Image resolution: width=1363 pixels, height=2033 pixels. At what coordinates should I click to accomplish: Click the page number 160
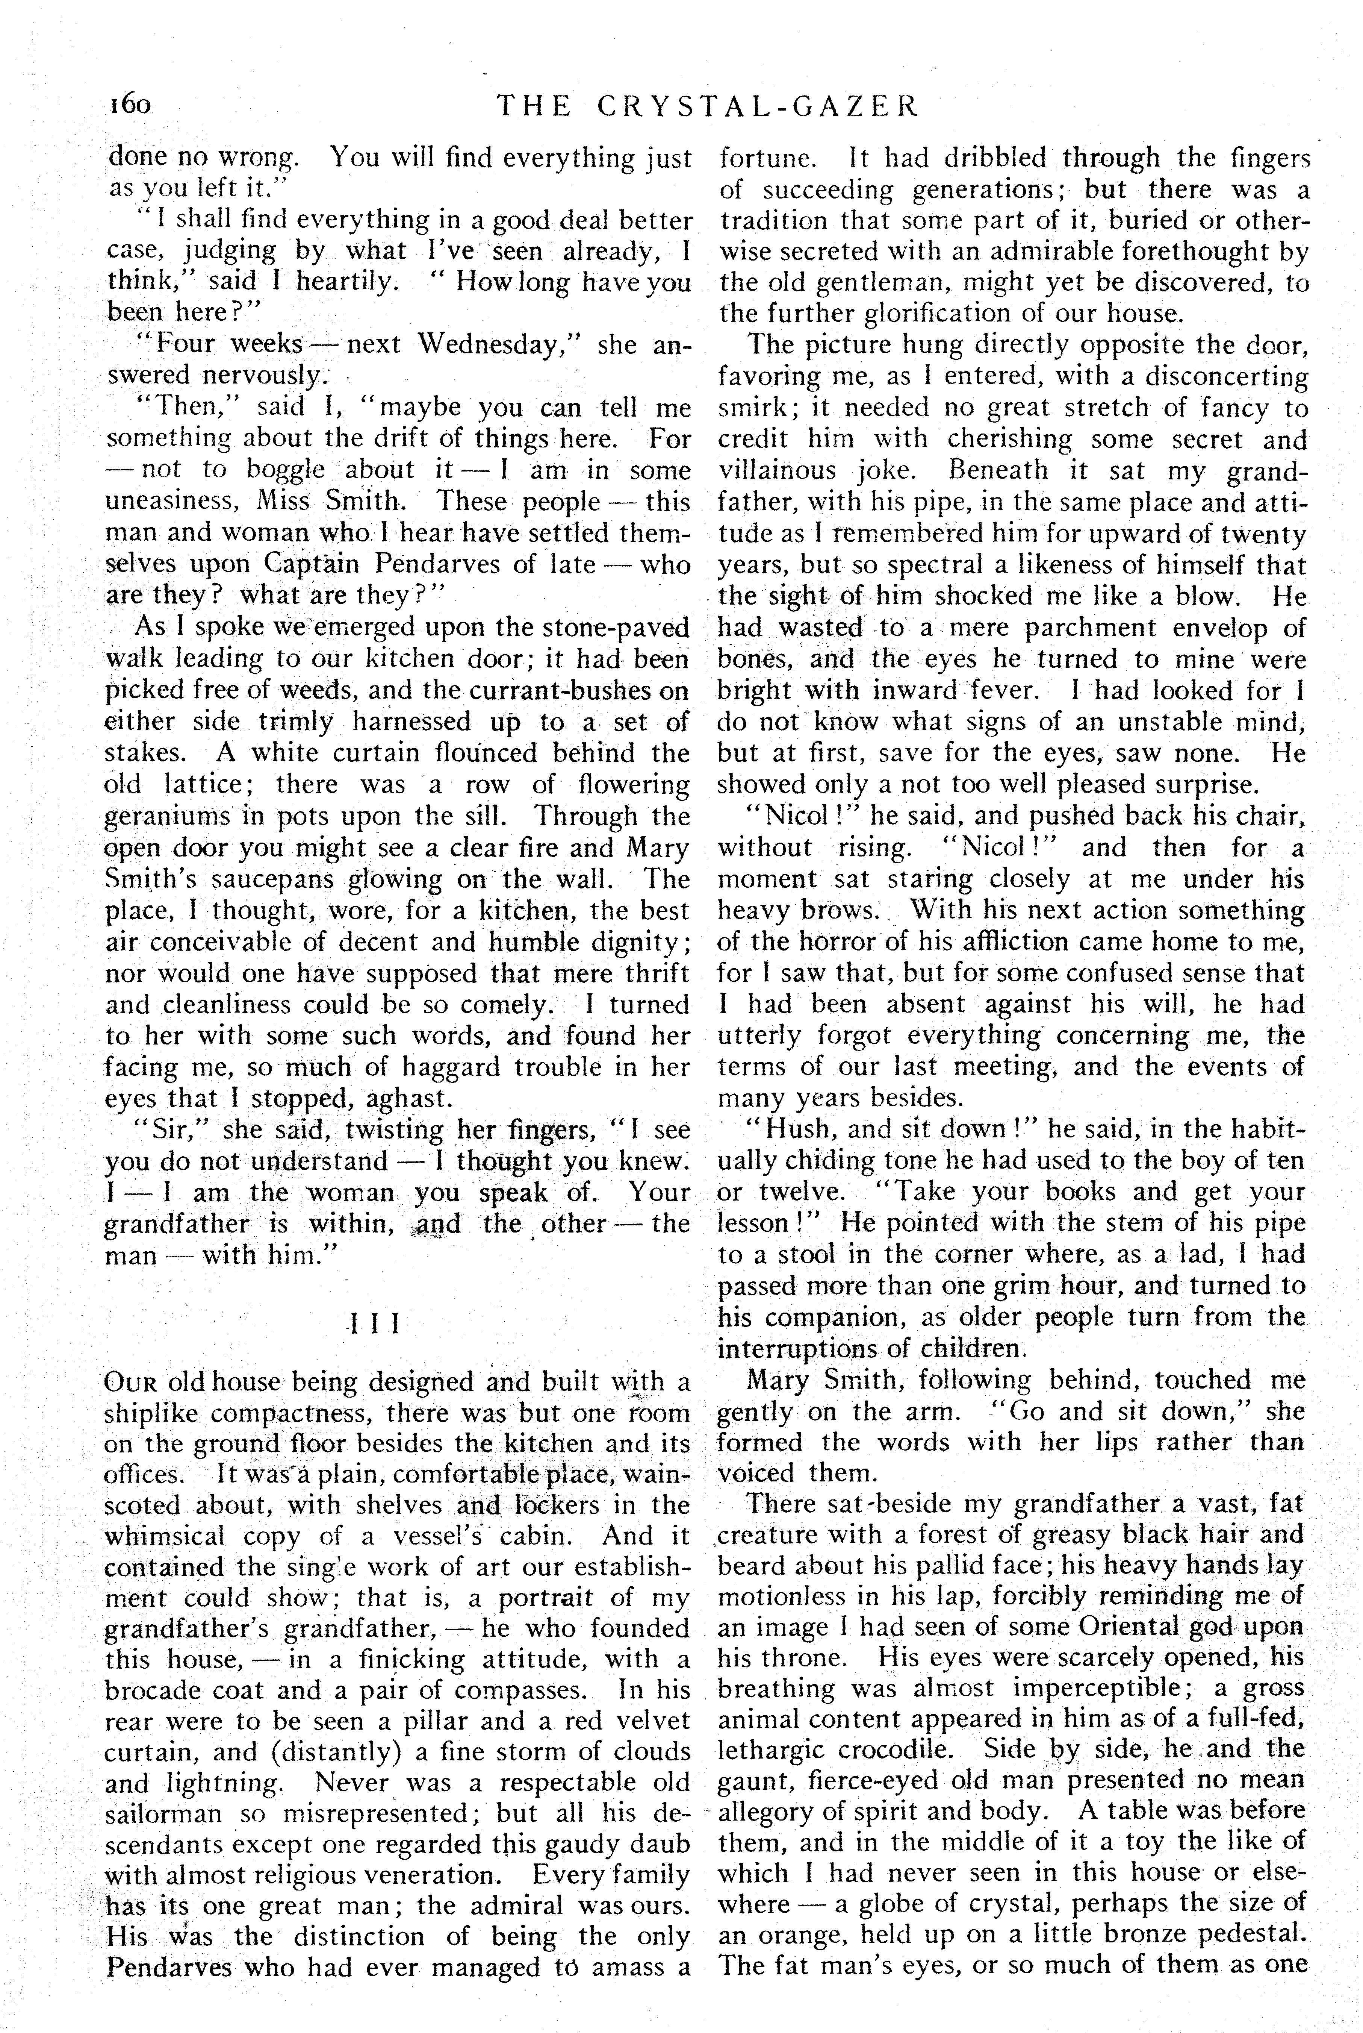pos(130,106)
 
